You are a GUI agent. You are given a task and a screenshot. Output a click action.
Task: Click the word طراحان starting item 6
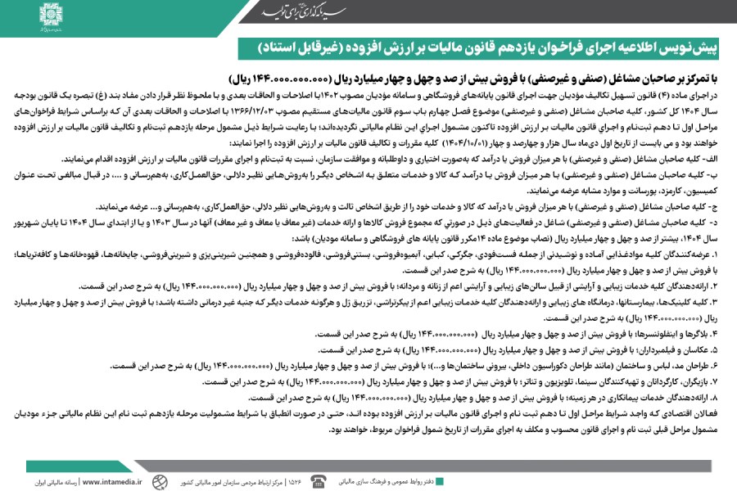[696, 365]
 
